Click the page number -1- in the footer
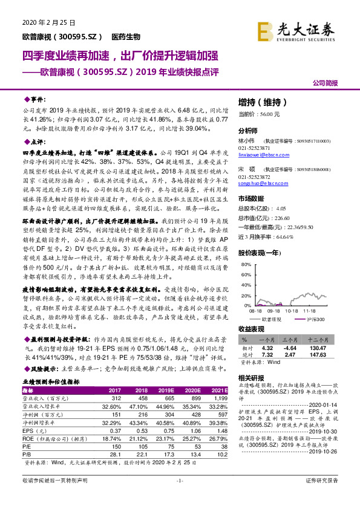[179, 497]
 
